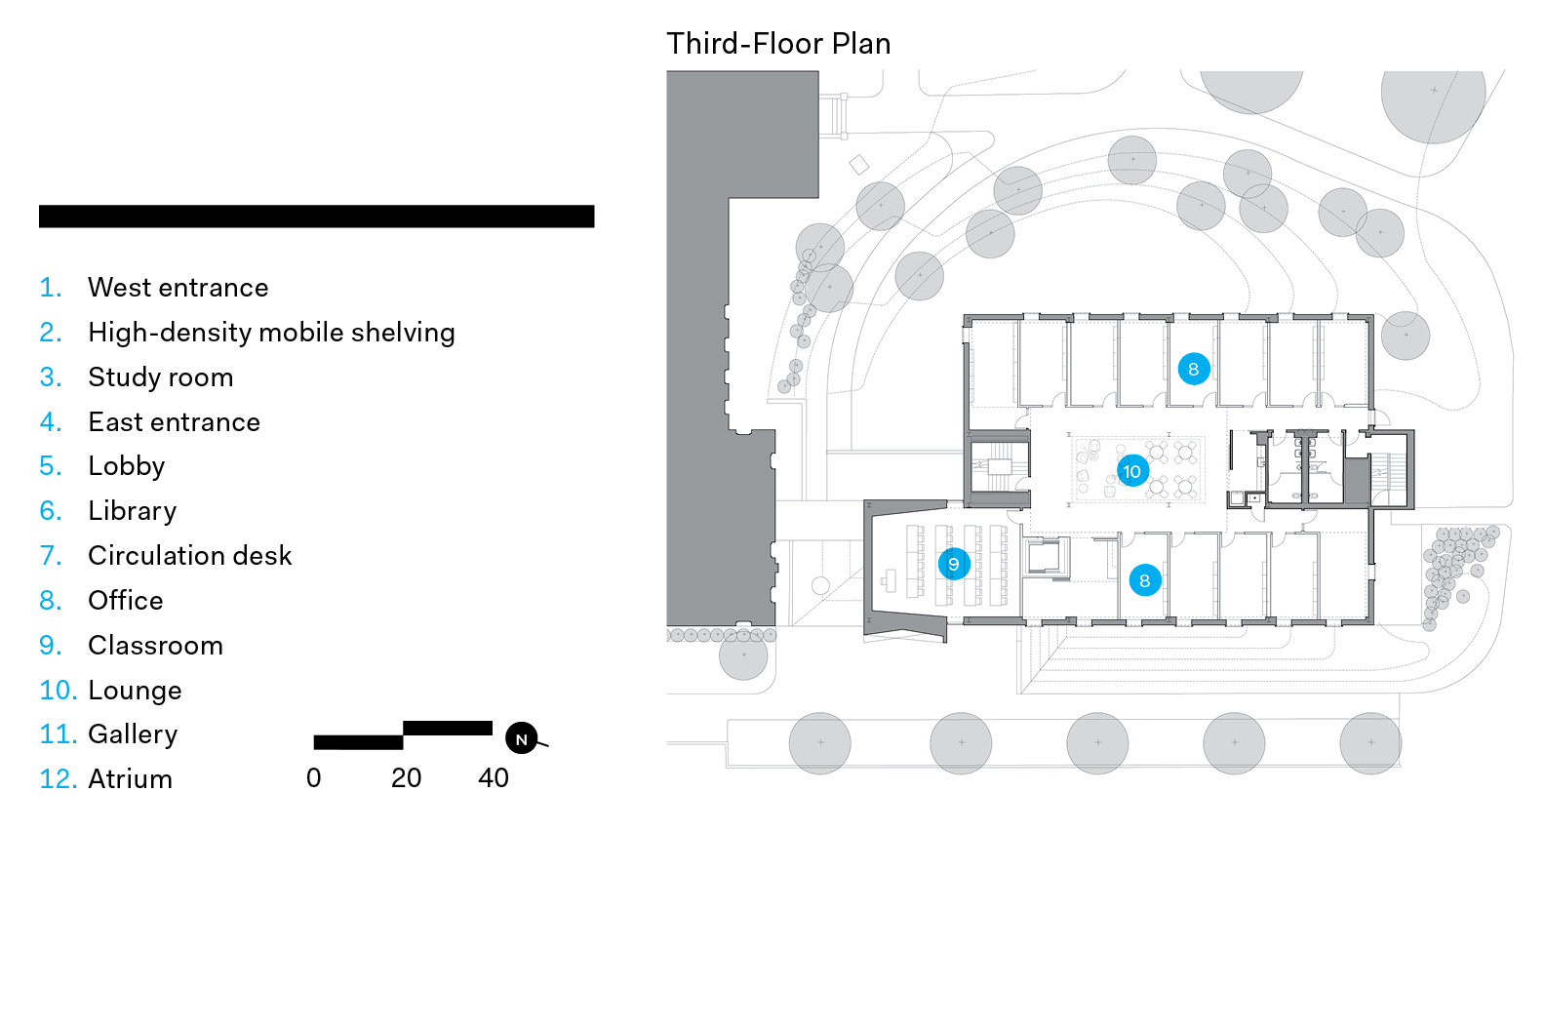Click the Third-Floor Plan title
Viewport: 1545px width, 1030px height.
click(x=778, y=44)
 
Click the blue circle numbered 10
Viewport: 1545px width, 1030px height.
click(x=1131, y=471)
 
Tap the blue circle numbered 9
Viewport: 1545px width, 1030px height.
click(x=954, y=564)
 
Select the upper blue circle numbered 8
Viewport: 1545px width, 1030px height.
click(x=1193, y=369)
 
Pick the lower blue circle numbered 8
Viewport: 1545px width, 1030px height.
click(x=1144, y=580)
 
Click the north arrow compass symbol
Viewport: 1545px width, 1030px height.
click(x=522, y=738)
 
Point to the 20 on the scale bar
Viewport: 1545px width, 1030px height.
click(x=406, y=777)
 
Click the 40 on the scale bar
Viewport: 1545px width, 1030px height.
click(x=494, y=777)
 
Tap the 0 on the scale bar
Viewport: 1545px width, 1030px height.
click(x=313, y=777)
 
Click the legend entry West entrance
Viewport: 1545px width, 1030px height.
click(x=178, y=288)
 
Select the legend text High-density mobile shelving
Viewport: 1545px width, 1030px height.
click(x=271, y=333)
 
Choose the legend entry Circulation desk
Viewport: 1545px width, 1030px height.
click(x=189, y=556)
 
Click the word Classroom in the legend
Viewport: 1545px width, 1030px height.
click(x=155, y=646)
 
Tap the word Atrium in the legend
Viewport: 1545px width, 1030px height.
click(x=130, y=779)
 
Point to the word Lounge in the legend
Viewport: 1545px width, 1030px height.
click(x=135, y=691)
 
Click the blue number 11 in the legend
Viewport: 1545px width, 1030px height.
click(x=58, y=734)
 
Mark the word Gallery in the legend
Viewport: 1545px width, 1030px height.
click(x=133, y=734)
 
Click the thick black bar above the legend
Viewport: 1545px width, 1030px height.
click(x=316, y=217)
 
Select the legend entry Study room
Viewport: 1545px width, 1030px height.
click(x=160, y=377)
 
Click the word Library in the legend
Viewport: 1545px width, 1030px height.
click(x=132, y=511)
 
